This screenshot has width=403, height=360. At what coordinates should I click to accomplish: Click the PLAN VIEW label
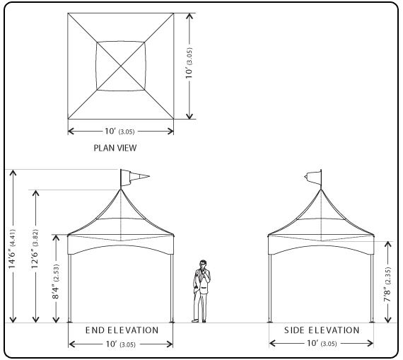(x=115, y=148)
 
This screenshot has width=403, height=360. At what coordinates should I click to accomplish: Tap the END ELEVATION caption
(x=122, y=330)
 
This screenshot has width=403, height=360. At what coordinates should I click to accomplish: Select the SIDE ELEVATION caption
(x=322, y=330)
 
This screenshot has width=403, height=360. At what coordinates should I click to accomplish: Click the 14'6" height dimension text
(x=13, y=249)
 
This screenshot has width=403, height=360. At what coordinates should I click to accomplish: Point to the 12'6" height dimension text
(x=35, y=249)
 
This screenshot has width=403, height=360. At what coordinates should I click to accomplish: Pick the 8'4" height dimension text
(x=56, y=281)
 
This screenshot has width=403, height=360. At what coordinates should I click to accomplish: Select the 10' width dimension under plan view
(x=119, y=131)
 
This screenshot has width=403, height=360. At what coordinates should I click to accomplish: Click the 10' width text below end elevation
(x=120, y=344)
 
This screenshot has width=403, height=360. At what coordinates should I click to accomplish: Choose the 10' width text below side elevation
(x=322, y=343)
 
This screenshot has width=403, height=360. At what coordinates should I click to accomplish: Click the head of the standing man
(x=203, y=264)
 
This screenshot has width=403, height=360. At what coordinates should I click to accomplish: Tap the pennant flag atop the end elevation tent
(x=134, y=178)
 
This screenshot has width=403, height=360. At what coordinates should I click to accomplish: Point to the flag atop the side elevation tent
(x=313, y=178)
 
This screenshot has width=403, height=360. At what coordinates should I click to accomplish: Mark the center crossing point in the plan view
(x=121, y=66)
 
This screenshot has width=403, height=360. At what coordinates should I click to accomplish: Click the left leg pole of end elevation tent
(x=69, y=288)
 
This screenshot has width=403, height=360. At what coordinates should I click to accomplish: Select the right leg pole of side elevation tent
(x=372, y=288)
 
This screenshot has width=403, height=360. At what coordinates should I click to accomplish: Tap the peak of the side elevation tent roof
(x=321, y=190)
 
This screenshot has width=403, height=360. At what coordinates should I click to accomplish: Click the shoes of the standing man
(x=199, y=321)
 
